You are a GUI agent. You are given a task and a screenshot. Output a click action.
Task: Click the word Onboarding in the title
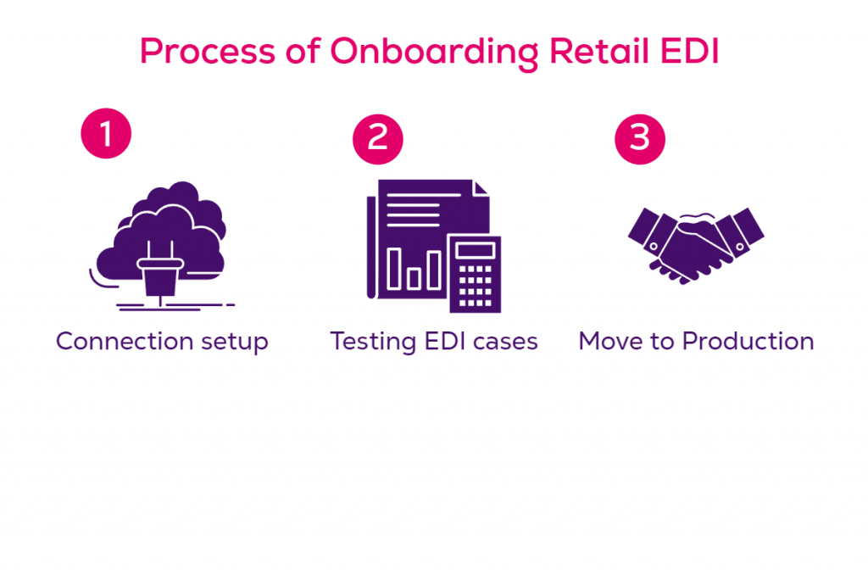tap(433, 53)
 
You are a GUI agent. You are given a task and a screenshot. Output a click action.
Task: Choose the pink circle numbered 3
tap(640, 137)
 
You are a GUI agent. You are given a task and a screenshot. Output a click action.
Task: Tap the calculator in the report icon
tap(475, 273)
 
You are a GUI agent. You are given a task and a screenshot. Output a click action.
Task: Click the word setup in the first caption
tap(233, 342)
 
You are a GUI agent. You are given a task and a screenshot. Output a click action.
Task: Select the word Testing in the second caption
tap(367, 342)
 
